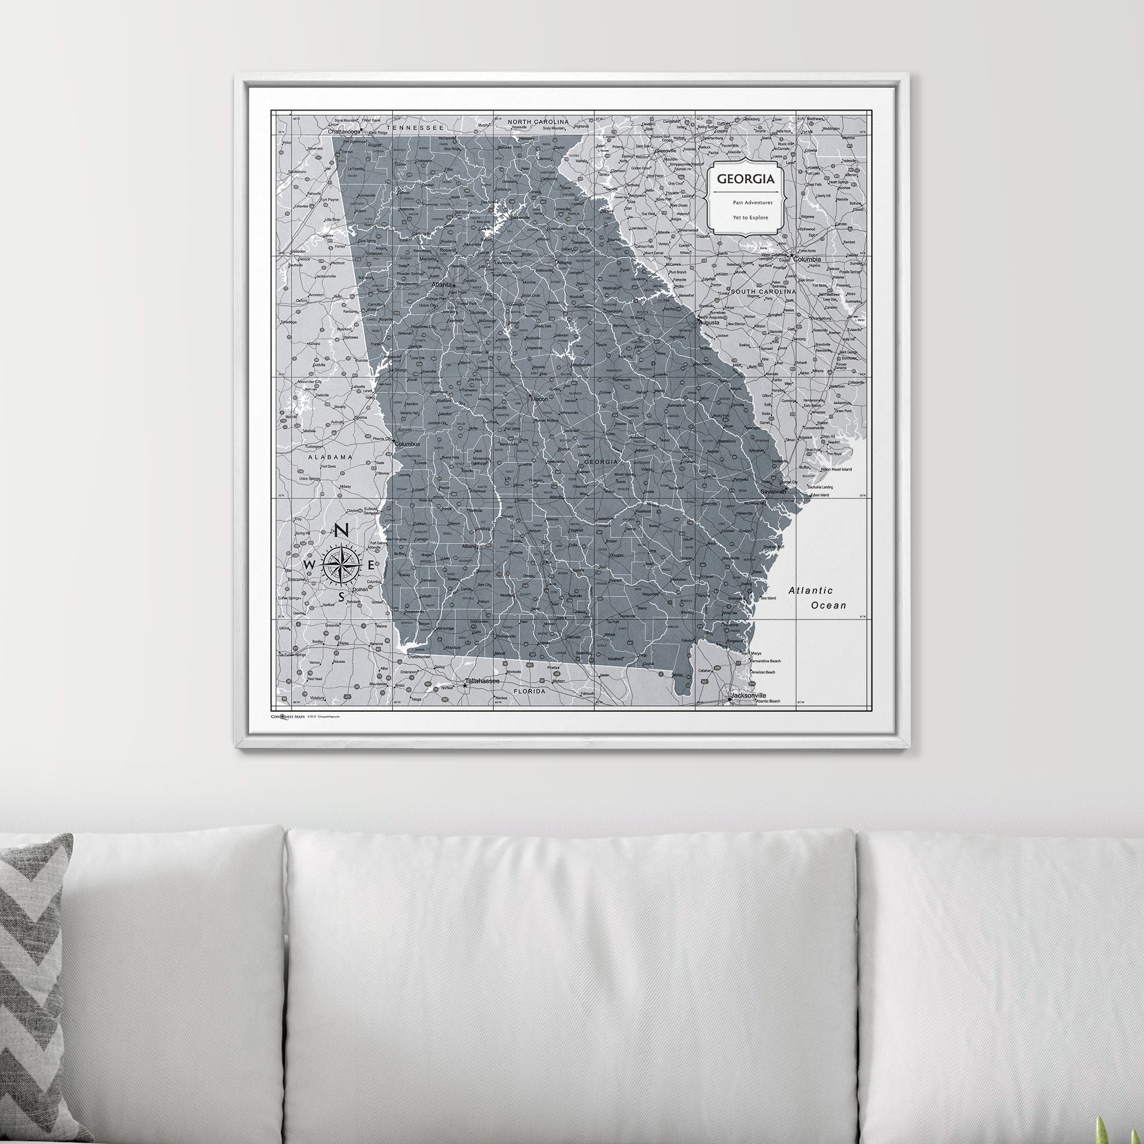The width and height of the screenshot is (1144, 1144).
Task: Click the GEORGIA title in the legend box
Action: (x=746, y=178)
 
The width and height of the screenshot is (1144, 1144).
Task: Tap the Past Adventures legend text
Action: (x=752, y=203)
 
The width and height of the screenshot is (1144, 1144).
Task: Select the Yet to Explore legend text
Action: (x=750, y=217)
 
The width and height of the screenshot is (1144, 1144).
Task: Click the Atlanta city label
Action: (x=441, y=285)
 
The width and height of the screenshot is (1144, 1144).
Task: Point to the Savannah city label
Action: (x=773, y=492)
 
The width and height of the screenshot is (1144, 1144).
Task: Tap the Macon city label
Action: (x=539, y=399)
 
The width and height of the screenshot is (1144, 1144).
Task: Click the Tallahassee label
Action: (x=482, y=681)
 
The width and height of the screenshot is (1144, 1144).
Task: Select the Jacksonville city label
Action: (x=748, y=695)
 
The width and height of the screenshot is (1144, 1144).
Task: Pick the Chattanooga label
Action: (x=344, y=132)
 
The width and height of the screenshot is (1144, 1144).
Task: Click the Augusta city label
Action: (x=709, y=323)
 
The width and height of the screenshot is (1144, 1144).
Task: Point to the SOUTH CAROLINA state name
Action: (x=763, y=292)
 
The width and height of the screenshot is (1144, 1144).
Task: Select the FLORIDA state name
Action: (x=529, y=691)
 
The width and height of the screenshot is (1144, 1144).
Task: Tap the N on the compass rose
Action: (x=342, y=531)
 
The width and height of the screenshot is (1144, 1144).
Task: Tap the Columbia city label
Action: (x=807, y=259)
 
